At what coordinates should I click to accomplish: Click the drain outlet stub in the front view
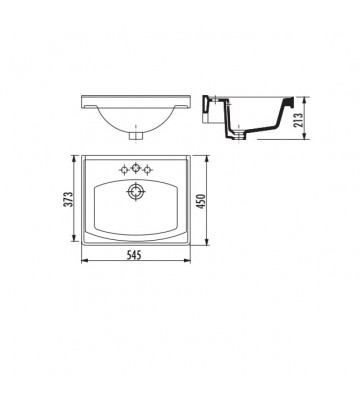(x=137, y=132)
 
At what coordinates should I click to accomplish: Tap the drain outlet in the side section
(x=240, y=134)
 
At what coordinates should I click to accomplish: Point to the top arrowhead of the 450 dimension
(x=212, y=157)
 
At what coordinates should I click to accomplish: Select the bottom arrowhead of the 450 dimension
(x=212, y=244)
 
